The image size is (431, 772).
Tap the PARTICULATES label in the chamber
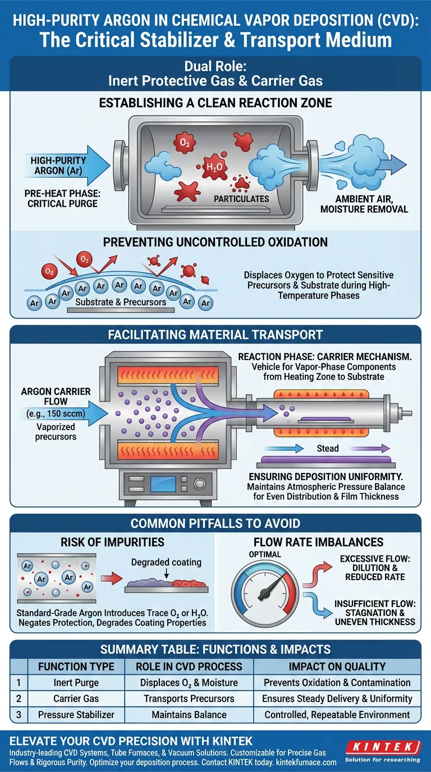pos(241,199)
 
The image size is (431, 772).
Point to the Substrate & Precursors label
pos(121,302)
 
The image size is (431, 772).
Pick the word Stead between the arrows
pos(328,448)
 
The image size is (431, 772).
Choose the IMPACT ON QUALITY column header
pos(337,667)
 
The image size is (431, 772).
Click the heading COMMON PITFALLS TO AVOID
pos(215,523)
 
